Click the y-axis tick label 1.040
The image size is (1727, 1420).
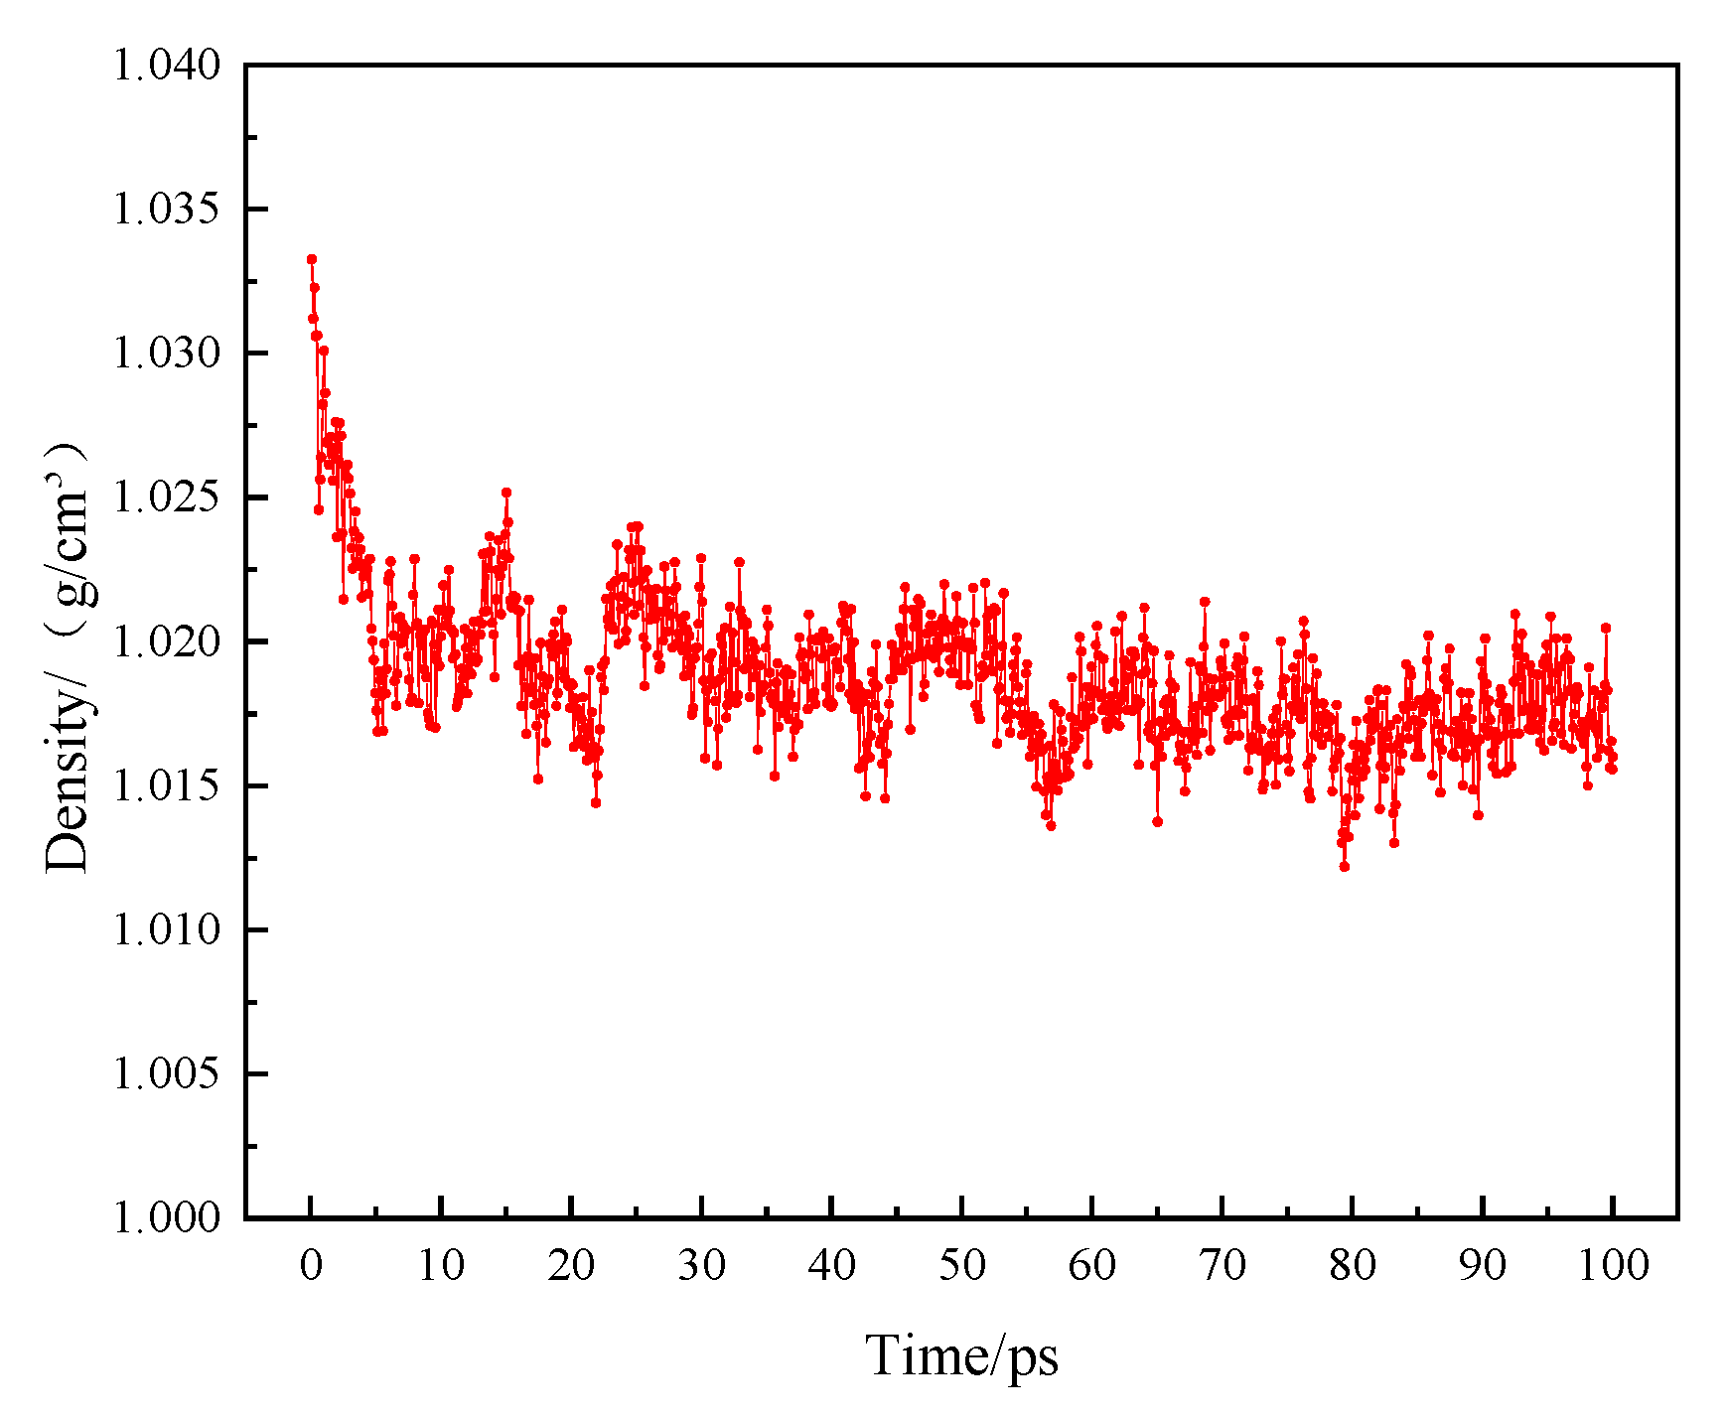point(166,66)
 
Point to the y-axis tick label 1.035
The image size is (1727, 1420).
point(166,210)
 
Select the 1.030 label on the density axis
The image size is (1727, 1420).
point(166,354)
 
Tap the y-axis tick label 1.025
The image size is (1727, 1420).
point(166,497)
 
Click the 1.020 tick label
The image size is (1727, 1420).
point(166,641)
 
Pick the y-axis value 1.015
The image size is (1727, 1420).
point(166,785)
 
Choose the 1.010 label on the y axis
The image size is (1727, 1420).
point(166,929)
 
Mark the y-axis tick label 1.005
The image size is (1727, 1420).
point(166,1073)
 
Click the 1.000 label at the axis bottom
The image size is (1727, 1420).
point(166,1217)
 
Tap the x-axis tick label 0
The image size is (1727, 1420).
point(311,1265)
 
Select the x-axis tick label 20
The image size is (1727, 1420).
point(571,1265)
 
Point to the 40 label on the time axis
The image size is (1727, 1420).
point(831,1265)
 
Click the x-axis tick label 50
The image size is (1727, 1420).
point(961,1265)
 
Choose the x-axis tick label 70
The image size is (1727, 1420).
point(1223,1265)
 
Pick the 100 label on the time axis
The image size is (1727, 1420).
point(1612,1265)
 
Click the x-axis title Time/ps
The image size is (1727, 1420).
point(961,1355)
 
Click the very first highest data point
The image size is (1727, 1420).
point(312,259)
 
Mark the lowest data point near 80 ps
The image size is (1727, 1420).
point(1345,866)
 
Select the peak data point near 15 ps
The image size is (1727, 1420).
point(506,493)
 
